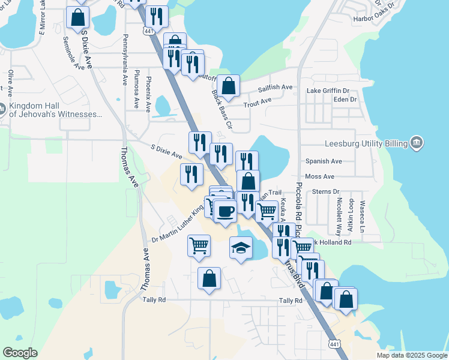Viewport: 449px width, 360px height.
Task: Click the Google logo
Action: point(20,353)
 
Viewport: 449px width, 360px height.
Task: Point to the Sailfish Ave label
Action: point(275,88)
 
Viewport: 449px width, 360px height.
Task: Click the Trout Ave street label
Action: point(258,104)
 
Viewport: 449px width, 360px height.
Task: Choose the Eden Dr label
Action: point(345,99)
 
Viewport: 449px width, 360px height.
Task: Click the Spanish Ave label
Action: point(323,161)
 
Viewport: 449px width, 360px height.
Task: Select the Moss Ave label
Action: point(319,176)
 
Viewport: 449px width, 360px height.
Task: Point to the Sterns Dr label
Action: point(326,191)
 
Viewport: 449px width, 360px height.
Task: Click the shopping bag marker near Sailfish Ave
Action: point(229,86)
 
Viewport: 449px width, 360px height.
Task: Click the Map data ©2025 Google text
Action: point(411,355)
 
